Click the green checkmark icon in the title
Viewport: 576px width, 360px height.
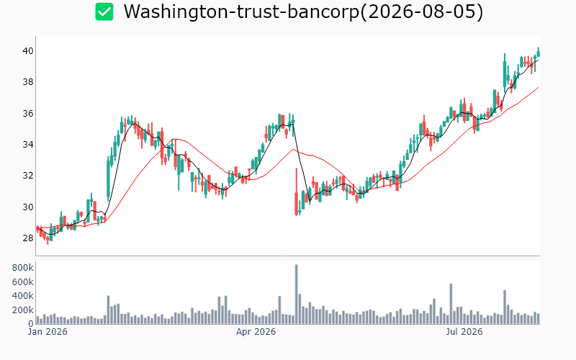pyautogui.click(x=104, y=12)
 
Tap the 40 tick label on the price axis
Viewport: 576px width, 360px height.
pyautogui.click(x=28, y=50)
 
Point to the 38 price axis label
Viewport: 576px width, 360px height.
pyautogui.click(x=28, y=82)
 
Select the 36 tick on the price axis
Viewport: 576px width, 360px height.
pyautogui.click(x=28, y=114)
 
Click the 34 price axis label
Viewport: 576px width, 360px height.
pyautogui.click(x=28, y=145)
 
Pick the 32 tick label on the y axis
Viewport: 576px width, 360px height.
pyautogui.click(x=28, y=176)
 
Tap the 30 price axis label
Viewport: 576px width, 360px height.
pyautogui.click(x=28, y=207)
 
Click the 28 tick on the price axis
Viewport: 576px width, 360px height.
pyautogui.click(x=28, y=238)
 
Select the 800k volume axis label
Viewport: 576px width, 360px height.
pyautogui.click(x=23, y=268)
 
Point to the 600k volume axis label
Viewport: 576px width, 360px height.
pyautogui.click(x=23, y=282)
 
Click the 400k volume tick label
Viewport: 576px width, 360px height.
pyautogui.click(x=23, y=296)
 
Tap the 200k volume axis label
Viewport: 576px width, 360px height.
pyautogui.click(x=23, y=310)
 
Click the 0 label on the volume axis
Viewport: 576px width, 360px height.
pyautogui.click(x=31, y=324)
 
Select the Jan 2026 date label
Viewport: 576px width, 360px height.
pyautogui.click(x=48, y=332)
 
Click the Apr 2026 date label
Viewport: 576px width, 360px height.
pyautogui.click(x=256, y=332)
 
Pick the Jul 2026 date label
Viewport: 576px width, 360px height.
pyautogui.click(x=464, y=332)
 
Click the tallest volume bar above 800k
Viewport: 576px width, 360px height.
pyautogui.click(x=297, y=294)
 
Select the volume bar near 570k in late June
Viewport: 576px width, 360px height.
pyautogui.click(x=451, y=304)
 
